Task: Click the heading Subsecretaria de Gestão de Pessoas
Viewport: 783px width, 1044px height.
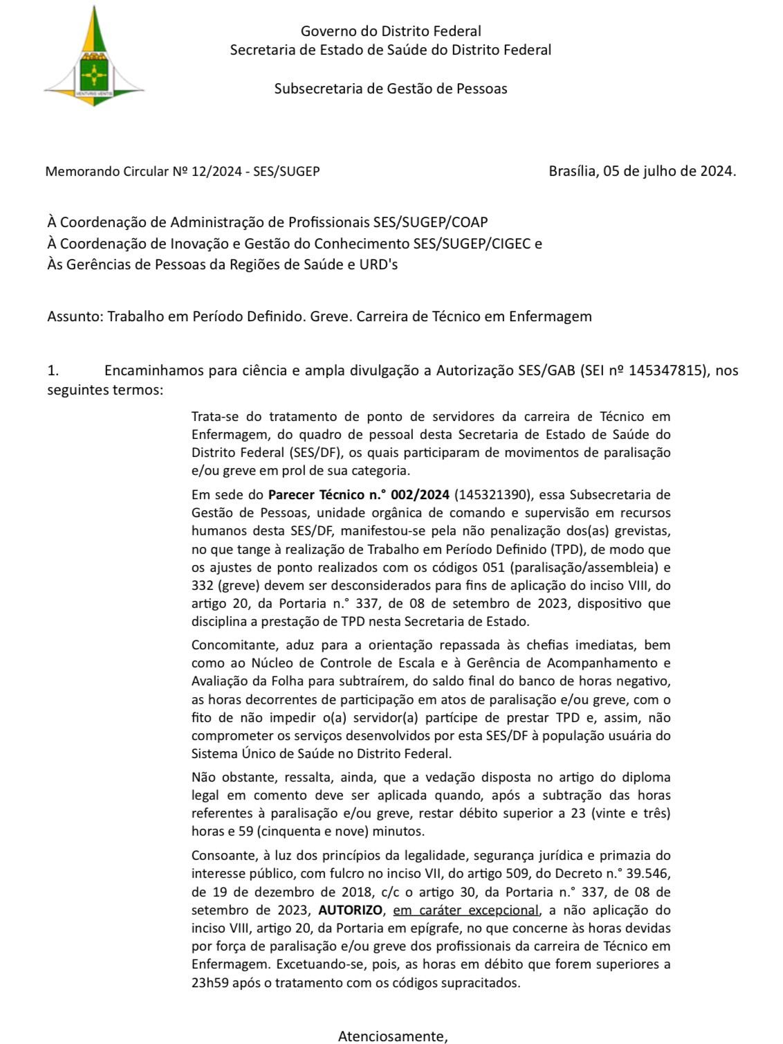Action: click(x=391, y=89)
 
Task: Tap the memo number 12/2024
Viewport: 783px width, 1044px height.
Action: click(x=205, y=171)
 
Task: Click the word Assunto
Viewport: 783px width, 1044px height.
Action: click(x=75, y=316)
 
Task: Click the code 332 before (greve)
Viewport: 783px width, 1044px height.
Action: click(x=201, y=586)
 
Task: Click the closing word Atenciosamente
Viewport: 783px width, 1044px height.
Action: click(x=392, y=1036)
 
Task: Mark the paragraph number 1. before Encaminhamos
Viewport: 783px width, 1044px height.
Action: click(x=53, y=370)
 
